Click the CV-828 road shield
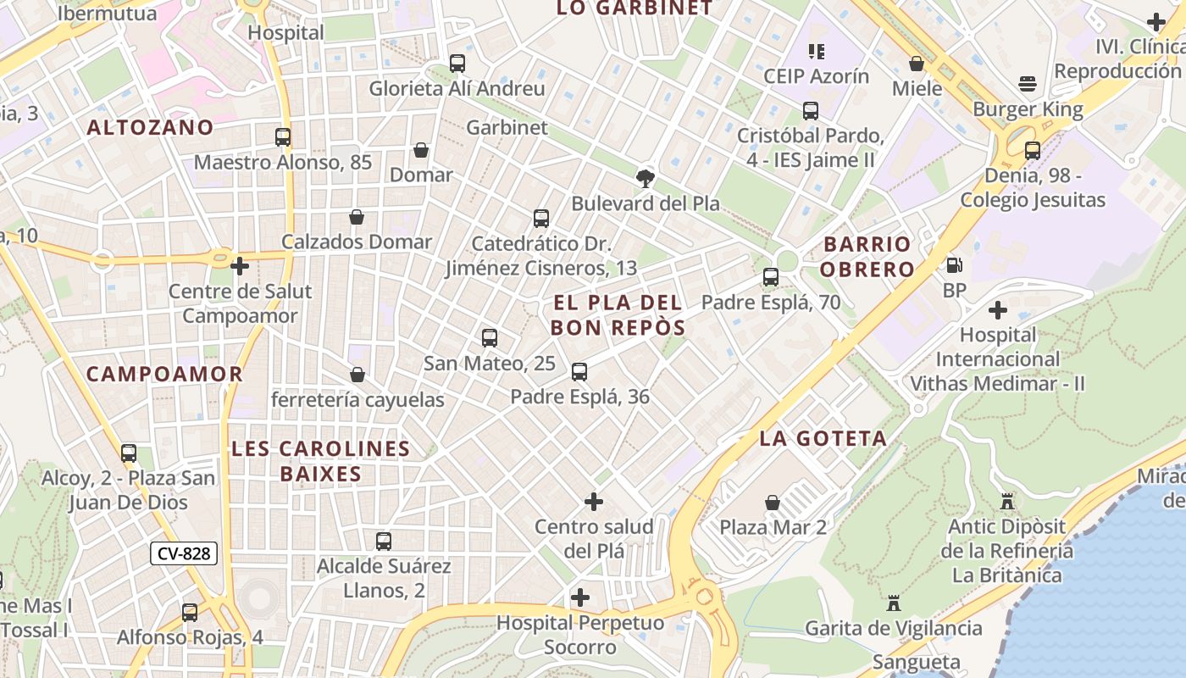click(184, 553)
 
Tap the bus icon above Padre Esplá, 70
click(771, 276)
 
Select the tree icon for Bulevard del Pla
click(646, 178)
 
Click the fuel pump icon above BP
click(955, 265)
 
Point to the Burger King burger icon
click(1028, 84)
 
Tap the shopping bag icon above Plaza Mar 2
click(773, 503)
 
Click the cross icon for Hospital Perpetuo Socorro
click(580, 597)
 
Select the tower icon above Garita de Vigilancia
click(893, 603)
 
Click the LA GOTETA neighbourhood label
click(823, 438)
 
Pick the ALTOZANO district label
click(150, 127)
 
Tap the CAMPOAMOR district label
click(164, 374)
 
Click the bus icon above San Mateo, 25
click(489, 338)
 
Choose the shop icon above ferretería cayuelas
click(357, 375)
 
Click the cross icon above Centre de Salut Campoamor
click(240, 266)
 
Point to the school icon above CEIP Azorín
click(817, 52)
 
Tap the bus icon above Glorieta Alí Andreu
click(457, 64)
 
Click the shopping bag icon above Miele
click(917, 64)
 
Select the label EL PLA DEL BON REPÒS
click(617, 314)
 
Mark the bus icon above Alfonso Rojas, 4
click(190, 612)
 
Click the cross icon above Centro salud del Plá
click(594, 502)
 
